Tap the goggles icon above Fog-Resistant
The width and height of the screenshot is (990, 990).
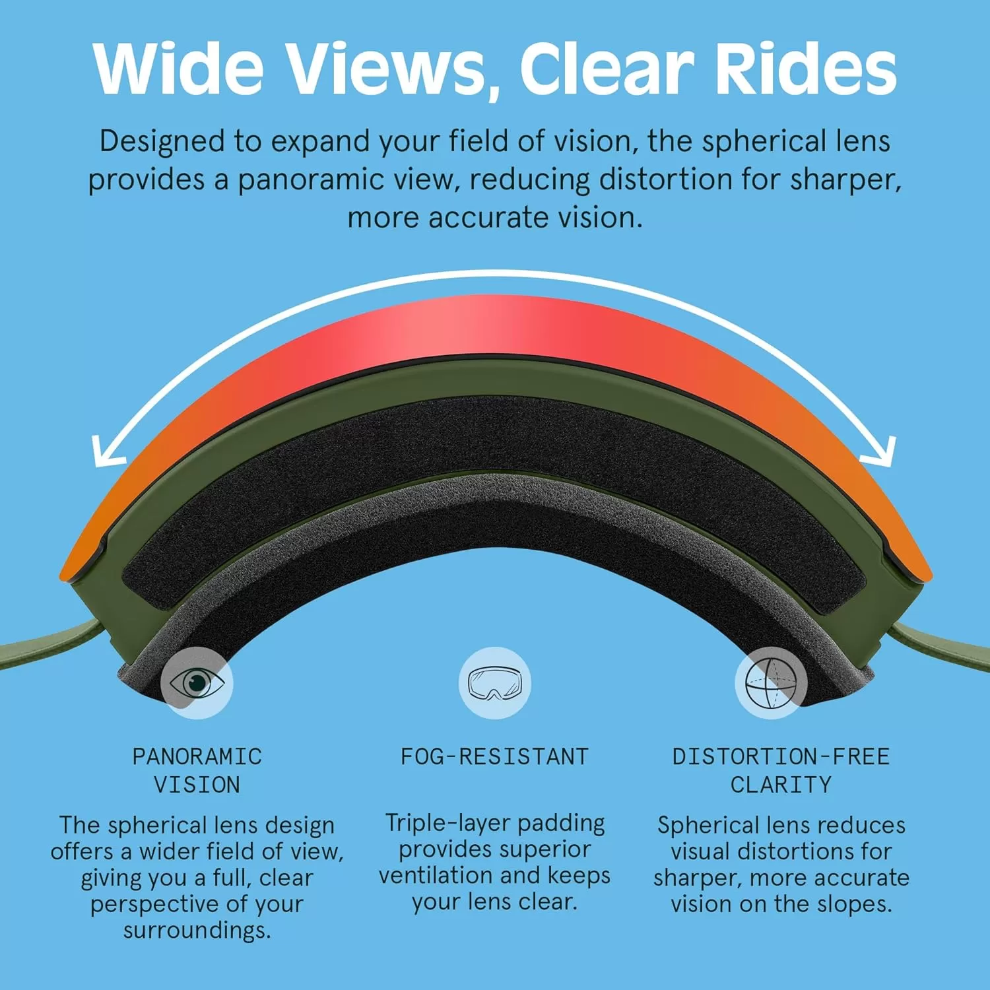point(495,682)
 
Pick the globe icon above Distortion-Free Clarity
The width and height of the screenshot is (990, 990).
point(771,682)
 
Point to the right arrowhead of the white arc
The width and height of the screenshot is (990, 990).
point(880,453)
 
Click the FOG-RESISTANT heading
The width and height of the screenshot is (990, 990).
point(494,756)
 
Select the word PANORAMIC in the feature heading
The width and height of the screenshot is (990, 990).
point(197,756)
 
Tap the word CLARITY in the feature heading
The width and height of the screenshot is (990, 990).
point(781,785)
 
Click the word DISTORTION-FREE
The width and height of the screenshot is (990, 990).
point(781,756)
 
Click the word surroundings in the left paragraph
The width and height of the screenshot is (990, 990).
point(197,931)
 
